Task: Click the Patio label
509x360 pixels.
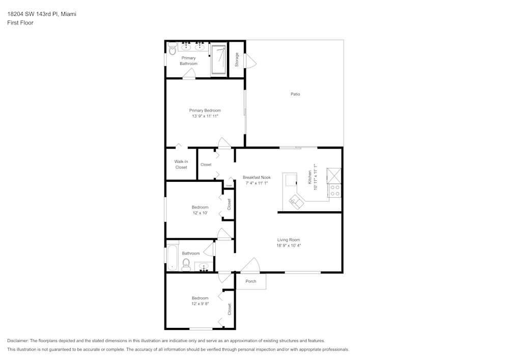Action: tap(295, 94)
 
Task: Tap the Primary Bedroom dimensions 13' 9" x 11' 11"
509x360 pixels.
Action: tap(205, 117)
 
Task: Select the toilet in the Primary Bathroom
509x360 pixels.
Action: tap(172, 49)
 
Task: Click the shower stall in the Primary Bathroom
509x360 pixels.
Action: tap(218, 60)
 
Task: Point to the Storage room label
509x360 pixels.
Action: tap(237, 60)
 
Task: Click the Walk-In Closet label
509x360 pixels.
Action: tap(181, 164)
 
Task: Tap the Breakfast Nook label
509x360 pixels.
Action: tap(257, 177)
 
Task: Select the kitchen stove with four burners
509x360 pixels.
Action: tap(335, 190)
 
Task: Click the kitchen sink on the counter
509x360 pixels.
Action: tap(296, 202)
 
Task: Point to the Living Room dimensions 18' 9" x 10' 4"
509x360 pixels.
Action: tap(289, 245)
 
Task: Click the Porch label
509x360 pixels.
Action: tap(251, 281)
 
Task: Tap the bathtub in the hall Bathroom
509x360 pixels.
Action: tap(172, 258)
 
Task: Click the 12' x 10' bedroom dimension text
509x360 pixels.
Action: tap(200, 213)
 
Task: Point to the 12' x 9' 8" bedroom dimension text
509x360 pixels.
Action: tap(200, 304)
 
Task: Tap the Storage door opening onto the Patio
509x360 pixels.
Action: tap(251, 62)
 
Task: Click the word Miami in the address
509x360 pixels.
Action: tap(69, 14)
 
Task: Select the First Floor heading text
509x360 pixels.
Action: tap(20, 23)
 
